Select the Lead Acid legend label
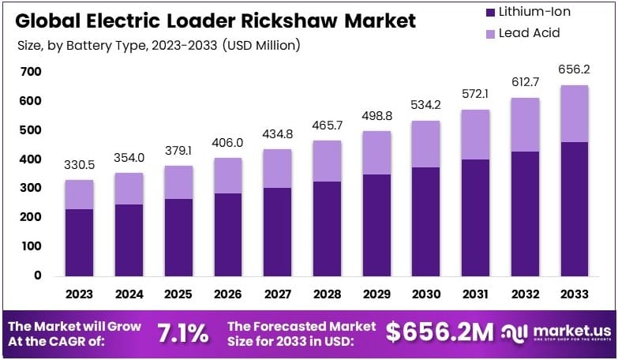(x=530, y=33)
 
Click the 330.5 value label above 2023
(x=79, y=165)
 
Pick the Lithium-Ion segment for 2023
(x=79, y=242)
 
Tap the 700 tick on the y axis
(x=31, y=72)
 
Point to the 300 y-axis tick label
(x=31, y=188)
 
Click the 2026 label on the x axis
(x=228, y=294)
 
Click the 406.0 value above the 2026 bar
(x=228, y=143)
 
